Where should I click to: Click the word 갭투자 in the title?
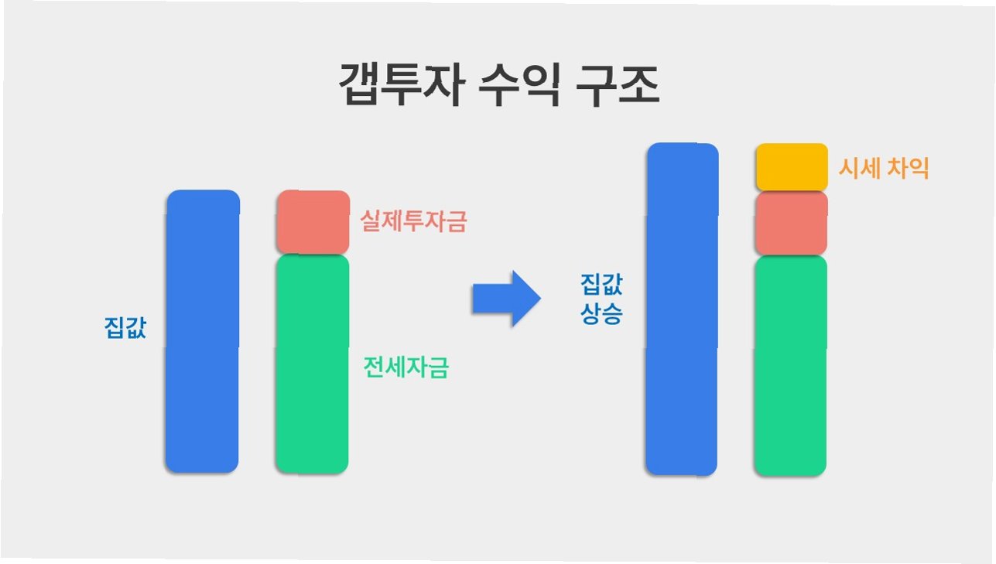coord(401,86)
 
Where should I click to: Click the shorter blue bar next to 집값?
coord(202,331)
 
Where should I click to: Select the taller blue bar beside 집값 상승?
coord(682,309)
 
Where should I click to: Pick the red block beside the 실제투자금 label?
coord(313,221)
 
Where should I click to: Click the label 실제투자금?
coord(414,223)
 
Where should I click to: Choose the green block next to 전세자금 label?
coord(312,364)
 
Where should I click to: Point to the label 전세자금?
coord(406,367)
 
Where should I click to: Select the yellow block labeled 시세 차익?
coord(791,167)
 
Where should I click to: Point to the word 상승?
coord(601,315)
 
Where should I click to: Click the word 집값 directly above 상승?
coord(601,285)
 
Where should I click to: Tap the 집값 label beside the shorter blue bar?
coord(125,328)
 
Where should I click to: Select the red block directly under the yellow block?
coord(791,224)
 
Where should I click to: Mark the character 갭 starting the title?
coord(360,86)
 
